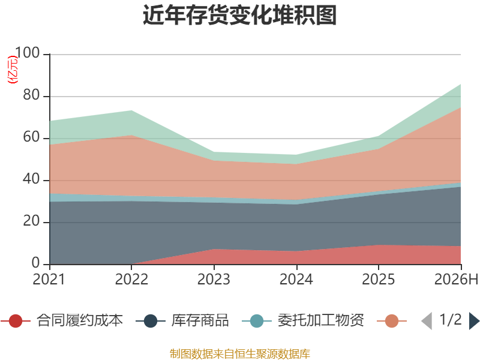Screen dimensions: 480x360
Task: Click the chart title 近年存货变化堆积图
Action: coord(239,15)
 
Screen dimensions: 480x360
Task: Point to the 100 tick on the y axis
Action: coord(28,53)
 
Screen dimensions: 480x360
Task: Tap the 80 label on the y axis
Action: coord(32,95)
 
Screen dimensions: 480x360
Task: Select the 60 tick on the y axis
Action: coord(32,137)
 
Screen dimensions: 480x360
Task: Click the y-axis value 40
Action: coord(32,179)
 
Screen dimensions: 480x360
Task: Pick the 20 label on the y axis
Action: coord(32,221)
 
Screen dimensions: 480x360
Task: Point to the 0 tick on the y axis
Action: coord(36,263)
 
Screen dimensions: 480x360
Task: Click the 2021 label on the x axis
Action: coord(49,279)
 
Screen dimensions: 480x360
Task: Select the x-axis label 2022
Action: coord(131,279)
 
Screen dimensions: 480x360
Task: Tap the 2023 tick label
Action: coord(214,279)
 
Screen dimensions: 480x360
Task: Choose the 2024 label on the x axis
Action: coord(296,279)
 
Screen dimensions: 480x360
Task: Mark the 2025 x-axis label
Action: coord(379,279)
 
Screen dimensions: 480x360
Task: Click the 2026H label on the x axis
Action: coord(456,279)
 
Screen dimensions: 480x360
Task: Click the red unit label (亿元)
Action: coord(13,70)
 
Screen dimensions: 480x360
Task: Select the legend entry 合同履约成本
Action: coord(62,320)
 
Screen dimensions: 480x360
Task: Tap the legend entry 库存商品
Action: coord(182,320)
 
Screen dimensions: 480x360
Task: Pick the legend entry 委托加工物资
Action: coord(303,320)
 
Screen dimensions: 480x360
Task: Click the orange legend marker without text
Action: coord(392,321)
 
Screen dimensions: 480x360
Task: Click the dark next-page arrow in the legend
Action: coord(474,321)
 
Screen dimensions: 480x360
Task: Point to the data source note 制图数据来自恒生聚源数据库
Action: coord(239,354)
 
